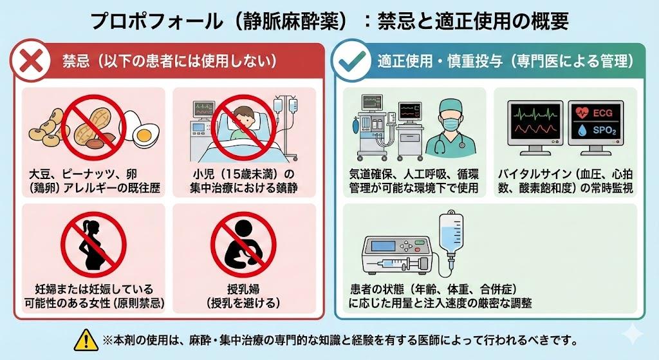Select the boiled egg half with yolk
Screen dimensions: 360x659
point(143,134)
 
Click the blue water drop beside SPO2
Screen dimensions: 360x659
point(582,131)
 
